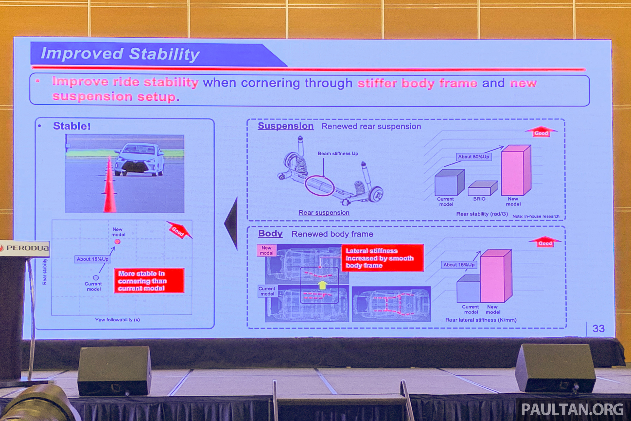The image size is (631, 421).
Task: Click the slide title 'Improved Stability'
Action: (x=120, y=54)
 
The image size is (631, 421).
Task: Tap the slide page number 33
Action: (x=598, y=328)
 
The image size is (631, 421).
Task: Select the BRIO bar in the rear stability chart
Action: (x=483, y=188)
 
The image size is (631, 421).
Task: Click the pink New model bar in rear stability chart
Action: (x=516, y=170)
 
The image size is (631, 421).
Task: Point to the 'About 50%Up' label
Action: (x=473, y=157)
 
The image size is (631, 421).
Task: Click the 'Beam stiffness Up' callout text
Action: (x=338, y=154)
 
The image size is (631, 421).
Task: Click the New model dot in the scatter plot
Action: (x=117, y=242)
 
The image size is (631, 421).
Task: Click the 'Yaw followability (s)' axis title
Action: (x=117, y=319)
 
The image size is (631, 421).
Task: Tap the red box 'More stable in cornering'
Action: (x=149, y=281)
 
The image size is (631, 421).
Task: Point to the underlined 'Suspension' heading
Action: (x=286, y=126)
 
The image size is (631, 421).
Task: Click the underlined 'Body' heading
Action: (x=270, y=234)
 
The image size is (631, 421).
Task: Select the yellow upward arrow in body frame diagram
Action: (x=322, y=285)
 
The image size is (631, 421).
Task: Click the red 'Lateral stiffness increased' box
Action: (x=382, y=258)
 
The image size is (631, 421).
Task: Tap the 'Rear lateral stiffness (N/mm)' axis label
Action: (x=481, y=320)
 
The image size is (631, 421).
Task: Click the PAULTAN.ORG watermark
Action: (x=573, y=409)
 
